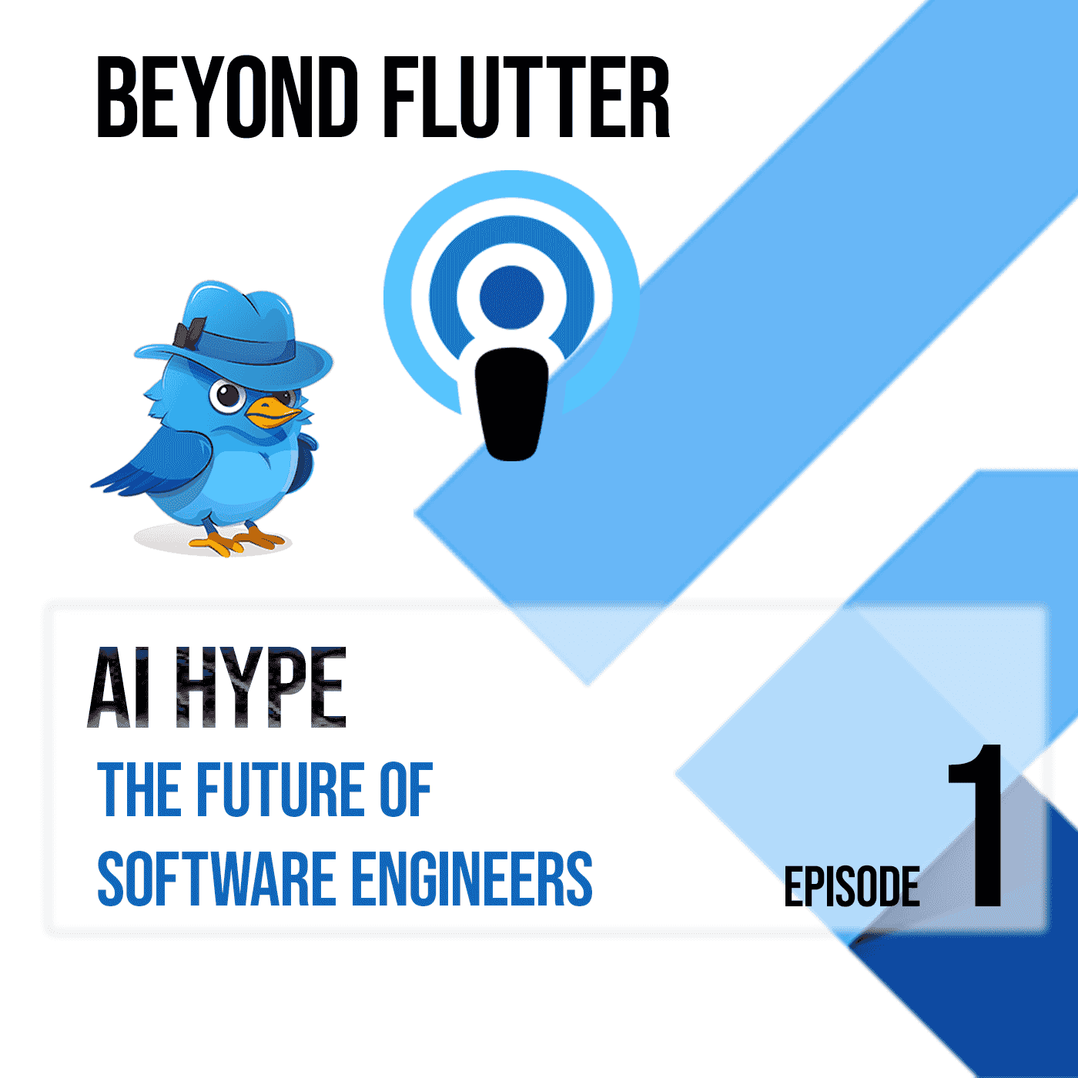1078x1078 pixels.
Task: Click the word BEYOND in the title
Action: click(x=227, y=98)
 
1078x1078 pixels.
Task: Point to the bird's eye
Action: click(x=228, y=396)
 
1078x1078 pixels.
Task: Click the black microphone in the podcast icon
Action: click(x=511, y=404)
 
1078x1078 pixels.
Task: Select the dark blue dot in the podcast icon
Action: click(x=511, y=297)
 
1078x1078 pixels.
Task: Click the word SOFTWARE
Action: click(x=216, y=879)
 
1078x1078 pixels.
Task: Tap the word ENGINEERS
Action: click(x=471, y=879)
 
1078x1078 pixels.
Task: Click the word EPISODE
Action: click(x=852, y=887)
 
